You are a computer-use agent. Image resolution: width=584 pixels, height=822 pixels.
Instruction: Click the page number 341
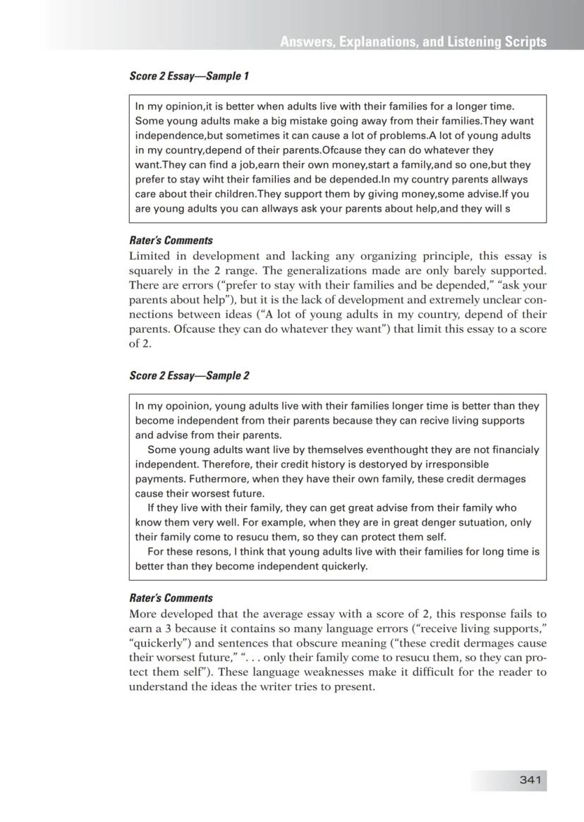(x=530, y=780)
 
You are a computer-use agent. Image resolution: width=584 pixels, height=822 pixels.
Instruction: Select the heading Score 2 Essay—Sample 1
(x=189, y=75)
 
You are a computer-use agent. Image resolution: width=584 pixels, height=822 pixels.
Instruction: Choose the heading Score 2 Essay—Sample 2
(x=189, y=375)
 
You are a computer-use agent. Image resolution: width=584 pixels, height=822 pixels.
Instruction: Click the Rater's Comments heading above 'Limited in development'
(x=171, y=240)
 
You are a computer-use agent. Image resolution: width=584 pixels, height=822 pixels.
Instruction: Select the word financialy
(x=513, y=449)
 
